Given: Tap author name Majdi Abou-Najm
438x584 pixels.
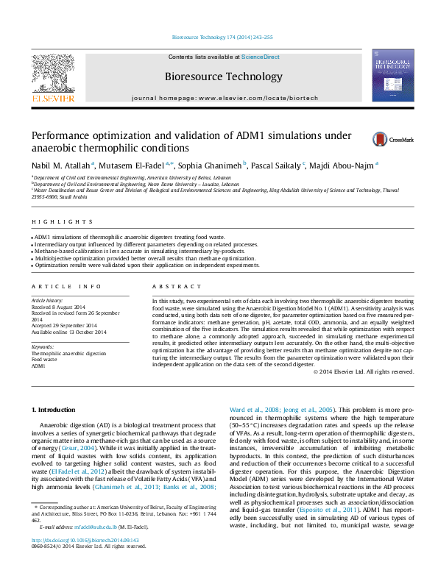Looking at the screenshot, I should pos(344,166).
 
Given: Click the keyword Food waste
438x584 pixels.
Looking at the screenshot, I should pos(43,360).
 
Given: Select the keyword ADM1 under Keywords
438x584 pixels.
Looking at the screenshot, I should pos(38,366).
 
